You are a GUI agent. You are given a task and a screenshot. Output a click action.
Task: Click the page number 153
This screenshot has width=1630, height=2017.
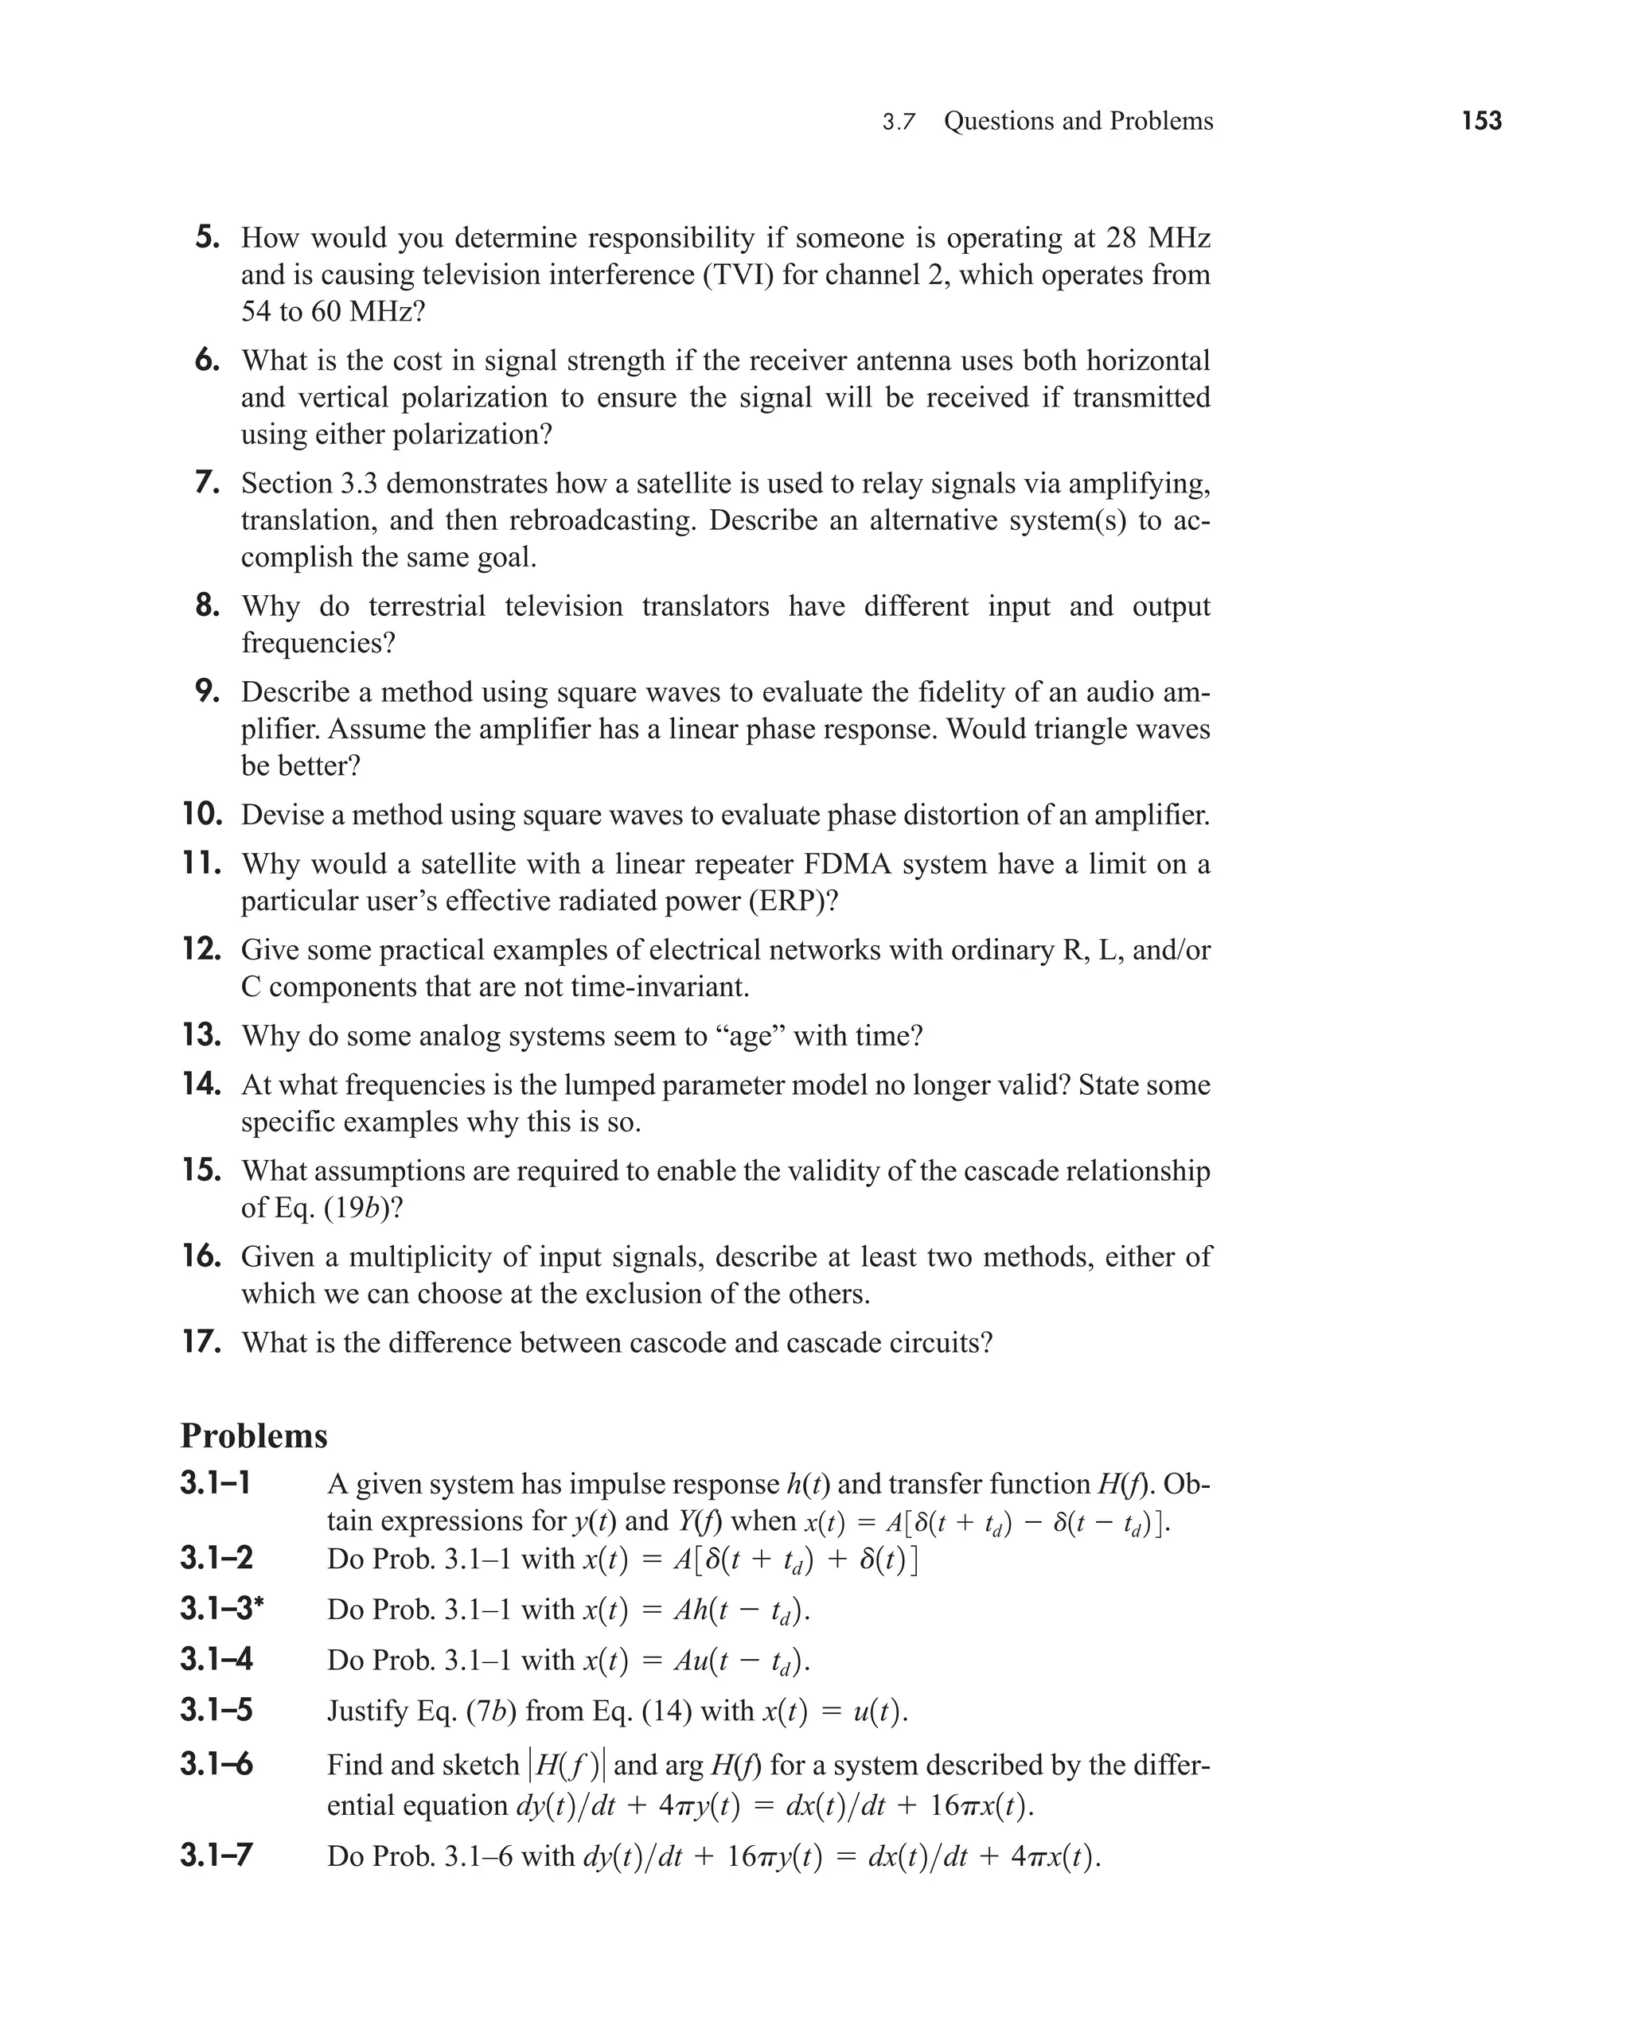pyautogui.click(x=1480, y=121)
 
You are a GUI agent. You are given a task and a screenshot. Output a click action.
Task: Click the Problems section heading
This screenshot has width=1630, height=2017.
pyautogui.click(x=254, y=1436)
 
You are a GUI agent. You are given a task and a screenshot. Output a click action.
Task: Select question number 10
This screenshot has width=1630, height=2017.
pyautogui.click(x=202, y=814)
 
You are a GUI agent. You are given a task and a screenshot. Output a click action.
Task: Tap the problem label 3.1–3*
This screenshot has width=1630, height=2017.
pyautogui.click(x=221, y=1609)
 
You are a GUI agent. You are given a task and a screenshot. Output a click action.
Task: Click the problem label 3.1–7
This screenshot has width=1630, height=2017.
pyautogui.click(x=216, y=1855)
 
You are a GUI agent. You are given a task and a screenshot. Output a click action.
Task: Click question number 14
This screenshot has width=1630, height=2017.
pyautogui.click(x=202, y=1084)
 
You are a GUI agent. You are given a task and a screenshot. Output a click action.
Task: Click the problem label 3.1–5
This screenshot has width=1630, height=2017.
pyautogui.click(x=216, y=1710)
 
